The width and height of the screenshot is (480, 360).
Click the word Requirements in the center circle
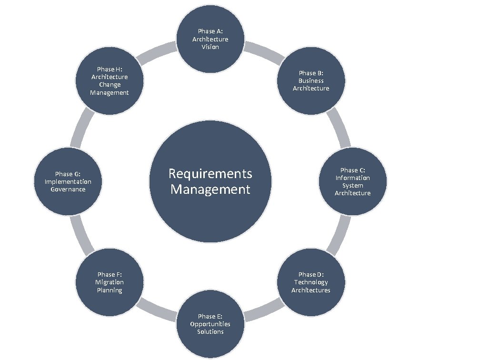pyautogui.click(x=210, y=174)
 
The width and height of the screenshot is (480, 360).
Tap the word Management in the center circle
pyautogui.click(x=210, y=190)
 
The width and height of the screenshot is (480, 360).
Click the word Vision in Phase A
pyautogui.click(x=210, y=47)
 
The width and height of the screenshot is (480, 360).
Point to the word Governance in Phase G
pyautogui.click(x=68, y=189)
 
